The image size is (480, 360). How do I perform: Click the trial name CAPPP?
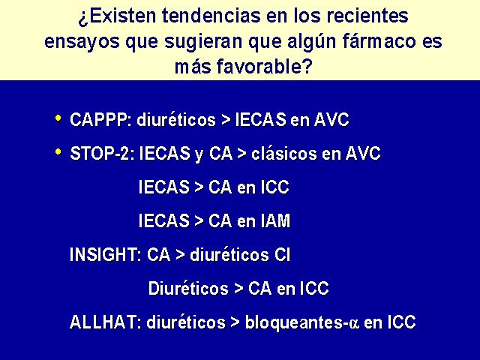coord(98,119)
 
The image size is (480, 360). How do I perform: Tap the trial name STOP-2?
coord(101,153)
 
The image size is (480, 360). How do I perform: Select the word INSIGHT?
coord(104,254)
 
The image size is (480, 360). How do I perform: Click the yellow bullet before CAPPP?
coord(58,118)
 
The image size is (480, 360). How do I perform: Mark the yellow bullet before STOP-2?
coord(58,151)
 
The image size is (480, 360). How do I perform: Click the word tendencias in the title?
coord(211,16)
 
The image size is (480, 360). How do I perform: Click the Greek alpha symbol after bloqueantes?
coord(354,323)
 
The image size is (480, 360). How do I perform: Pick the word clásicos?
coord(283,153)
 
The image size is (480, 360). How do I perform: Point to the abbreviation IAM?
coord(275,220)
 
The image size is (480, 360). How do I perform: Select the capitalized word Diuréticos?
coord(188,288)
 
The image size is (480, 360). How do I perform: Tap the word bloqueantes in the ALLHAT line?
coord(294,322)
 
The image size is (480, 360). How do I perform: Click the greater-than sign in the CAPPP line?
coord(226,120)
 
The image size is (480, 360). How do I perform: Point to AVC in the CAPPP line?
coord(331,119)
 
